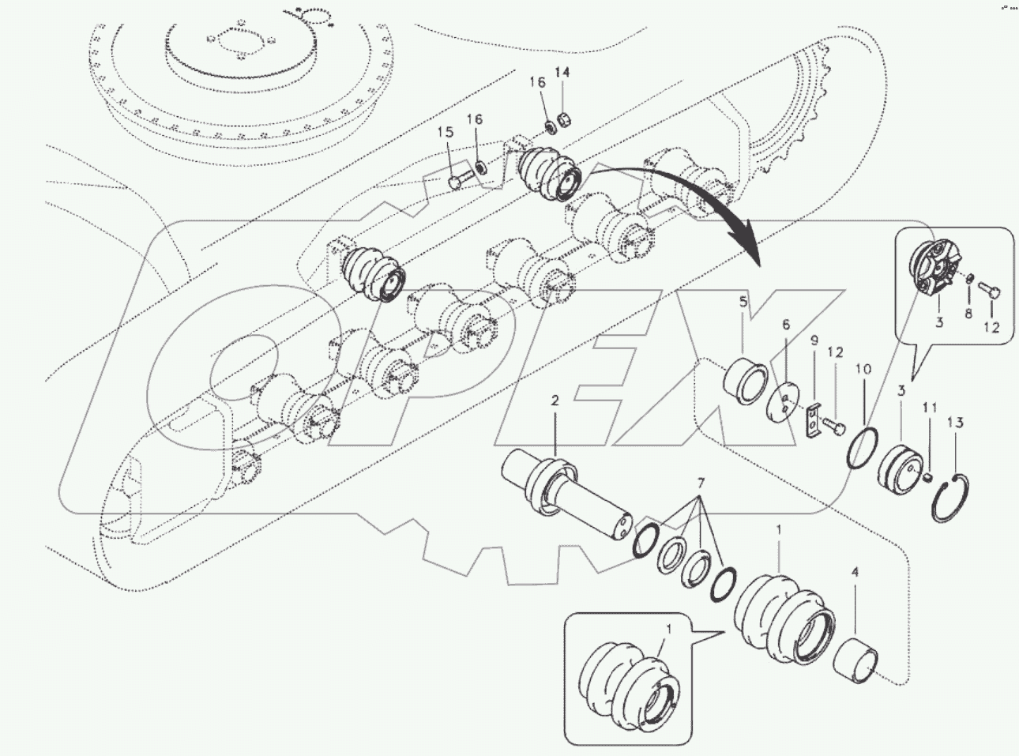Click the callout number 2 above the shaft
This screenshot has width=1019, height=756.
(555, 401)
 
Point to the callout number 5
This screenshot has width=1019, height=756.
(743, 301)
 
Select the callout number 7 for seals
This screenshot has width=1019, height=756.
(698, 483)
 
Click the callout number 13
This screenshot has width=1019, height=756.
(956, 423)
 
